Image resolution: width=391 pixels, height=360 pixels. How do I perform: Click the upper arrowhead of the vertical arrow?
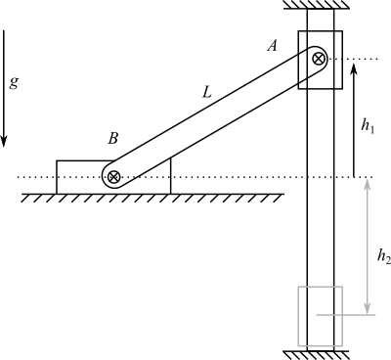368,181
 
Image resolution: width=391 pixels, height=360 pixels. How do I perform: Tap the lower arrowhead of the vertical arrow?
368,311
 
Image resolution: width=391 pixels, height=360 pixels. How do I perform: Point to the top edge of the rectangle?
320,287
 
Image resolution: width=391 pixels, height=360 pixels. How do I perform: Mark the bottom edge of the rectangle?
320,344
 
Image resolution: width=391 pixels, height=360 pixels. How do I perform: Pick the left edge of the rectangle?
298,315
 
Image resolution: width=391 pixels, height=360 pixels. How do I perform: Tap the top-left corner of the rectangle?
298,287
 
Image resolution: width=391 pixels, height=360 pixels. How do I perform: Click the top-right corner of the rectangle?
342,287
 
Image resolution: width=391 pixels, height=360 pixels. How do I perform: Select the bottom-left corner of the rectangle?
298,344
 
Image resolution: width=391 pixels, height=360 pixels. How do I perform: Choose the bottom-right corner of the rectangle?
342,344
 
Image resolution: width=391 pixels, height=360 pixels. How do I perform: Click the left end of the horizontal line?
317,315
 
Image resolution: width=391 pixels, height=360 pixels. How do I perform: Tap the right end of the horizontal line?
376,315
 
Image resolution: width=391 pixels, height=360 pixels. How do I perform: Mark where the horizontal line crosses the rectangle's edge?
342,315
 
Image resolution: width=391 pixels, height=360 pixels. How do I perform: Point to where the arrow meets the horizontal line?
368,315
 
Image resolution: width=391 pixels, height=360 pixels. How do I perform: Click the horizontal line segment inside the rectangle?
329,315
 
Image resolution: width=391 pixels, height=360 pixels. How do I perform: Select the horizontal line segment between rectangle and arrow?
355,315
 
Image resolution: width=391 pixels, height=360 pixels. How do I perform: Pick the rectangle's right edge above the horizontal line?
342,300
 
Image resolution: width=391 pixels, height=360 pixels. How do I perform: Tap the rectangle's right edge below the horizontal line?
342,331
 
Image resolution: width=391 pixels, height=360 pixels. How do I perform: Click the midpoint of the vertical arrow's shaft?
368,247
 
